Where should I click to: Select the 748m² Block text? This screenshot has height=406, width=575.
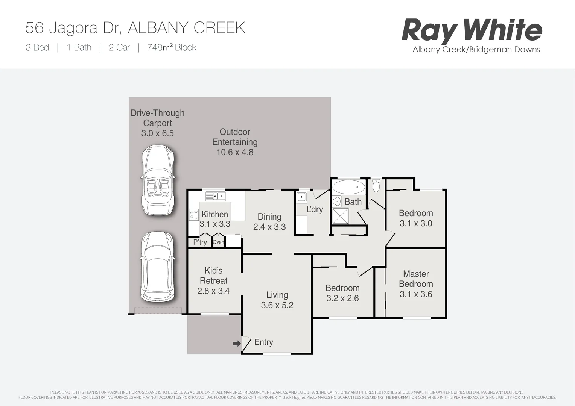[172, 48]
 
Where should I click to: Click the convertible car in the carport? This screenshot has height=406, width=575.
[158, 180]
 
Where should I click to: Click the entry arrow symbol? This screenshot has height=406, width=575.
[236, 343]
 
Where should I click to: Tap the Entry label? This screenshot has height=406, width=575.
[263, 342]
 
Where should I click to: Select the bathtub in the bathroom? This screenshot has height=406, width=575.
[349, 187]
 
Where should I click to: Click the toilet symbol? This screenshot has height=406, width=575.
[376, 185]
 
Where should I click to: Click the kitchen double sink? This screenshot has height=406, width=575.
[215, 196]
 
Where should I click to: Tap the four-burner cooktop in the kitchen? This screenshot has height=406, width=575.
[194, 215]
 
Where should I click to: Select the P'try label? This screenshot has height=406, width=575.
[200, 242]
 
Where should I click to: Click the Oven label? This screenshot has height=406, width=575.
[218, 242]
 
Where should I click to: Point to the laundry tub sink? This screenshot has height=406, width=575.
[301, 197]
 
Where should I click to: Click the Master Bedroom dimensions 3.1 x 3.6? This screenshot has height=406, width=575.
[416, 294]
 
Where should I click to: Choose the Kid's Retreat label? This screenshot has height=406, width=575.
[213, 276]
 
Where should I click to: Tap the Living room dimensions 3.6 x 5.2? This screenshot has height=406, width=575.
[277, 305]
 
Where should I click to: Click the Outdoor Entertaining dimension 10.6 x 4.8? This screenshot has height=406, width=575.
[235, 152]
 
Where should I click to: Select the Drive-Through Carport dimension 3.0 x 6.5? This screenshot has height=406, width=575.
[157, 133]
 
